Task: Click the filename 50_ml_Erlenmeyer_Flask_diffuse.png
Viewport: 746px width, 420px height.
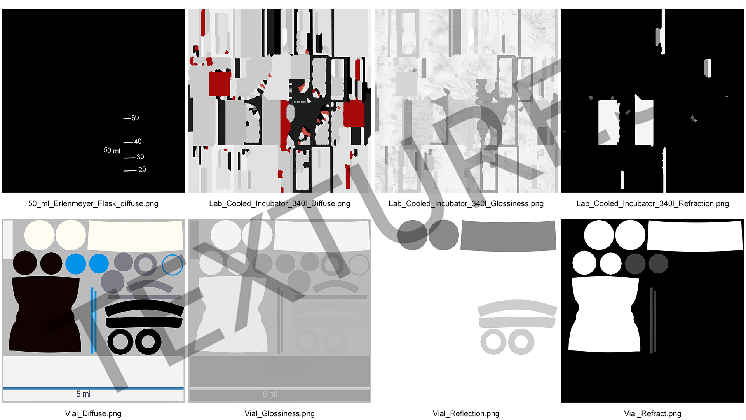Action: tap(93, 203)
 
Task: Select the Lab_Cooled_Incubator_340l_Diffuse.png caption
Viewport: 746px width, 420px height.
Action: tap(280, 203)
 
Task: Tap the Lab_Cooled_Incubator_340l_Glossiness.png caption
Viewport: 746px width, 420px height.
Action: tap(466, 203)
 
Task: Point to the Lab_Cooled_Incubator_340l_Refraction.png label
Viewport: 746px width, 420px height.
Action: tap(653, 203)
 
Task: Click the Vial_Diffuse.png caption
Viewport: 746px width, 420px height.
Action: tap(93, 413)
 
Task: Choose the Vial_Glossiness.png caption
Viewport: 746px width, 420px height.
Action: tap(280, 413)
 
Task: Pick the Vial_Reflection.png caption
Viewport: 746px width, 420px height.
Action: tap(466, 413)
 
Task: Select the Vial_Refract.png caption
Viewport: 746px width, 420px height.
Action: tap(653, 413)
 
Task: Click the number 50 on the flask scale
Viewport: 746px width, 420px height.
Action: tap(135, 117)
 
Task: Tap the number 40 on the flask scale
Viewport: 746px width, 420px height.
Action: tap(138, 141)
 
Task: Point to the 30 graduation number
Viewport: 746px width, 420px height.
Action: tap(140, 157)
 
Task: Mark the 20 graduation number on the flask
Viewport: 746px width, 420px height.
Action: tap(142, 169)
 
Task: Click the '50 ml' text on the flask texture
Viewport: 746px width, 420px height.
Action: tap(112, 150)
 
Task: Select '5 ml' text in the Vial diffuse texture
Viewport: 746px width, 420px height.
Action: tap(83, 394)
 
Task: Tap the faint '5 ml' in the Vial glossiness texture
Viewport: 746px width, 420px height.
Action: tap(270, 394)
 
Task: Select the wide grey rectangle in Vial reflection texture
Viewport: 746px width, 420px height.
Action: tap(508, 236)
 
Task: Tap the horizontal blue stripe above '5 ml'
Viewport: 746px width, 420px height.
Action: tap(93, 388)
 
